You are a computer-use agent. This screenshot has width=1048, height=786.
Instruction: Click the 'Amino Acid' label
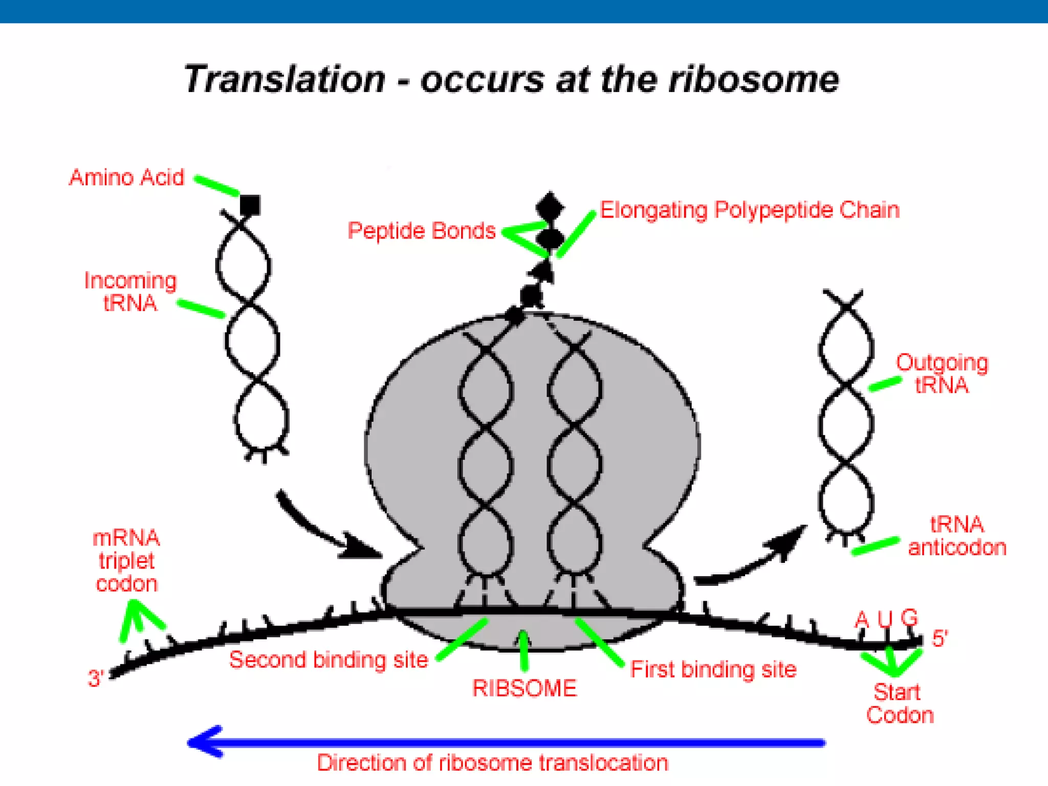tap(126, 178)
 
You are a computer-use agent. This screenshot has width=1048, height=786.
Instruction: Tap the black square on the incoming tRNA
tap(250, 205)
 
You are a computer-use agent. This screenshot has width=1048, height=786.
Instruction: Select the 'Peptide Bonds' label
tap(422, 231)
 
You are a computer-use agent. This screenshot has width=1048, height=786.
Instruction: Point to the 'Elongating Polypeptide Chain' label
tap(749, 210)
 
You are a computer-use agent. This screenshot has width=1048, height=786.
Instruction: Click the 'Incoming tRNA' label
tap(130, 292)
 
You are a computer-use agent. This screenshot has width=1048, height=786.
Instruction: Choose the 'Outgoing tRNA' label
tap(942, 374)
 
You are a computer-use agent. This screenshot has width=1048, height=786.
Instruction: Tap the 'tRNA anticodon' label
tap(957, 536)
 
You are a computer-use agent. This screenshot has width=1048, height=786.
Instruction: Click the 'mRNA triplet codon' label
tap(126, 561)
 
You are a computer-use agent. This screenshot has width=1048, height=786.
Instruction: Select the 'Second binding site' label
tap(329, 660)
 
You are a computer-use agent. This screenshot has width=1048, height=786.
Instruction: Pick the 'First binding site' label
tap(713, 669)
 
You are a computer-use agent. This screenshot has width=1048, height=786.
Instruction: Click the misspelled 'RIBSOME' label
tap(525, 688)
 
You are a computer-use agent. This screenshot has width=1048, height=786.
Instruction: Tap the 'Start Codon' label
tap(899, 704)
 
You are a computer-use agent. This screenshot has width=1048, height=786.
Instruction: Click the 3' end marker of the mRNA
tap(96, 679)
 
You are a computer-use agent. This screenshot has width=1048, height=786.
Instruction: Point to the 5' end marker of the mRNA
tap(940, 639)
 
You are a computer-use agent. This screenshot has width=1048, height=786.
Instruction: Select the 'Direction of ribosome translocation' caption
tap(492, 763)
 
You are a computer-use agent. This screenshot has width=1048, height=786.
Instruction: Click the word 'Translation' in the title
tap(285, 79)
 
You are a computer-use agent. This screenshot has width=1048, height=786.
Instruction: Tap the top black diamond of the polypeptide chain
tap(550, 207)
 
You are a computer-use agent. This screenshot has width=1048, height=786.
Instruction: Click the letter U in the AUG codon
tap(885, 619)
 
